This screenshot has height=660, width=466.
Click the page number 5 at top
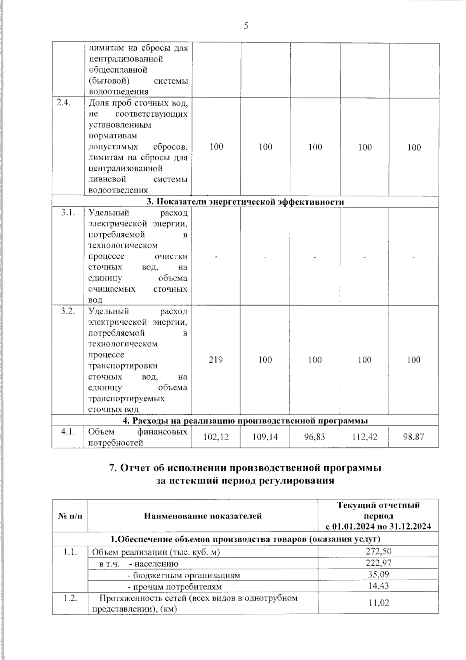click(245, 26)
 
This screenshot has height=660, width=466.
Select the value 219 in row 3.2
click(216, 360)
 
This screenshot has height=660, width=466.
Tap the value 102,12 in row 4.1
click(216, 437)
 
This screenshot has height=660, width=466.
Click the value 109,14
click(265, 437)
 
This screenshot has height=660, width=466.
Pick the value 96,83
click(315, 437)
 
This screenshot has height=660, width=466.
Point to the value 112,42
click(365, 437)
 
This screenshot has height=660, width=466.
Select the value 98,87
click(414, 437)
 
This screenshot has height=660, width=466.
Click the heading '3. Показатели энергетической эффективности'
click(245, 202)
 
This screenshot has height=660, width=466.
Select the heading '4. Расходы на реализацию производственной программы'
click(245, 421)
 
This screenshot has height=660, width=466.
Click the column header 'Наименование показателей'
click(203, 516)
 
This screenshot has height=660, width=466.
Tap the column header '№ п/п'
click(70, 516)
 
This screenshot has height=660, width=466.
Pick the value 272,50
click(378, 551)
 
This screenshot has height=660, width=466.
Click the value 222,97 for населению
click(378, 563)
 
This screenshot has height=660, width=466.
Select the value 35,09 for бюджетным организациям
click(378, 574)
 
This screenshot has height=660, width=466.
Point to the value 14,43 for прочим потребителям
click(378, 586)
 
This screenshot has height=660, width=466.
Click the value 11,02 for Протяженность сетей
click(378, 603)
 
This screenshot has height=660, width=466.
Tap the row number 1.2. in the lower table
click(70, 598)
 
